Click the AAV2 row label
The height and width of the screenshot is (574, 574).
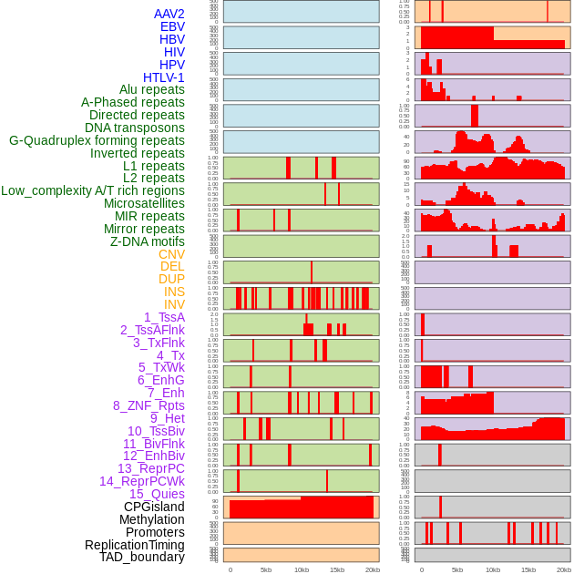coord(169,14)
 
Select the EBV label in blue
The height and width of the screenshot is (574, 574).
coord(172,26)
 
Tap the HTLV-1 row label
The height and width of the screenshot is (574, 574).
coord(163,77)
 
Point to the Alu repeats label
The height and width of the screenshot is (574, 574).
coord(151,89)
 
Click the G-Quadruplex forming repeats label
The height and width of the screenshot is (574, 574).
coord(97,140)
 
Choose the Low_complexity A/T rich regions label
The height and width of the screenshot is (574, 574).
coord(93,190)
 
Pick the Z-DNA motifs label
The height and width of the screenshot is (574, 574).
coord(148,241)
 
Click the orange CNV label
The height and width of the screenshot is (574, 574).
coord(171,254)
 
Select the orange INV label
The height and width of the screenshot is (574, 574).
coord(174,304)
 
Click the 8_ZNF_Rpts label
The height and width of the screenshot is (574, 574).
coord(149,405)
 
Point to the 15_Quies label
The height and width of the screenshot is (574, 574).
coord(157,494)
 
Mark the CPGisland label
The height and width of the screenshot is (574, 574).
coord(154,507)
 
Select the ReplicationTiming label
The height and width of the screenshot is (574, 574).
coord(135,545)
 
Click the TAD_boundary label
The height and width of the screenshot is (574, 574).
coord(141,557)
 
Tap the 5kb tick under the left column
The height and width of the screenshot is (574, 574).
coord(265,569)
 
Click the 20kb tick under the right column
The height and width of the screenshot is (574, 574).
coord(564,569)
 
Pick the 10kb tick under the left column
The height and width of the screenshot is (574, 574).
coord(302,569)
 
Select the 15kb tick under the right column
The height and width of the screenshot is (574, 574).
coord(528,569)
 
